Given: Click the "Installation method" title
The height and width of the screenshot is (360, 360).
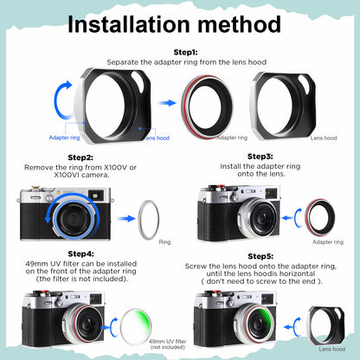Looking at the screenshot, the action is coord(174,24).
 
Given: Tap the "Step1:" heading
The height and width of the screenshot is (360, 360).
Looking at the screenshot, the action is coord(185,52).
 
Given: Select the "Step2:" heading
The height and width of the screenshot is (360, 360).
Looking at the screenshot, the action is coord(80,157).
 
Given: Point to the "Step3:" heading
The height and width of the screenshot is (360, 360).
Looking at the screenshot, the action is coord(260,157).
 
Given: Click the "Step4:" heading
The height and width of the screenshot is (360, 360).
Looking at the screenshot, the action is coord(80,254).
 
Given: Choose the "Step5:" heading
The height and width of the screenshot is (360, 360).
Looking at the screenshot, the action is coord(260,256).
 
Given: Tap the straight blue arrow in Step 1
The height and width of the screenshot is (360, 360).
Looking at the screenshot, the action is coord(167,103).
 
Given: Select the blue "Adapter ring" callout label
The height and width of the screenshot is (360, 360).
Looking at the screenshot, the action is coord(64,138).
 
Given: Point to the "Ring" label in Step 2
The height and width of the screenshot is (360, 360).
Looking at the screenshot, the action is coord(164,242).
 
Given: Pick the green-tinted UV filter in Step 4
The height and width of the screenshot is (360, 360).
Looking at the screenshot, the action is coord(136,327).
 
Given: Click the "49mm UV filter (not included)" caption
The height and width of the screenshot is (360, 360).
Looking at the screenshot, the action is coord(168,344).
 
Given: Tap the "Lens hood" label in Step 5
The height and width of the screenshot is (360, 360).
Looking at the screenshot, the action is coord(332,349).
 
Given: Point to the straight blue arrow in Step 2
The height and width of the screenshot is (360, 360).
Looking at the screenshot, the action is coord(126,218).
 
